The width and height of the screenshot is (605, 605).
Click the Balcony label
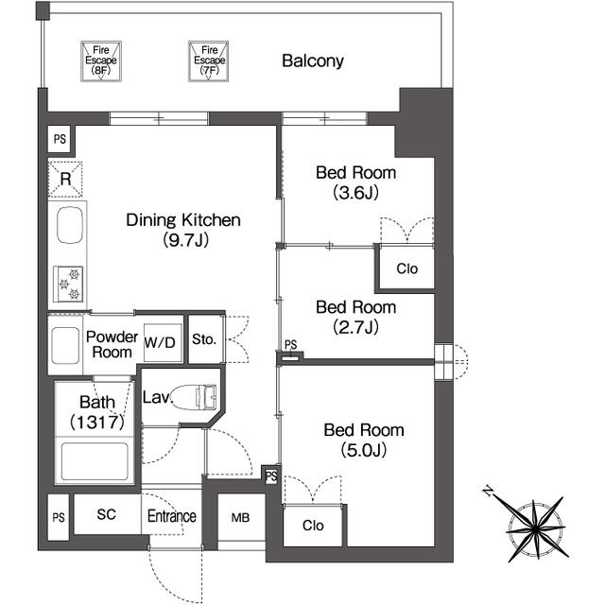tap(312, 61)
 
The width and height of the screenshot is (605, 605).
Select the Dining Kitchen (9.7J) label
tap(184, 230)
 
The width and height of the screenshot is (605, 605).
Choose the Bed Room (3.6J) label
tap(355, 182)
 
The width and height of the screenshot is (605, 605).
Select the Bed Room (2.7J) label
tap(355, 317)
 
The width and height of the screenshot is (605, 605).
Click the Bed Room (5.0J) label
tap(364, 440)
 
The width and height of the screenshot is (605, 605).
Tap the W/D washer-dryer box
tap(160, 341)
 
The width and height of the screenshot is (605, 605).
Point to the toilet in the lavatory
tap(199, 397)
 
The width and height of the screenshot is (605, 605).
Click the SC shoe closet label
tap(107, 517)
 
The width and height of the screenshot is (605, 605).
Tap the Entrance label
tap(171, 517)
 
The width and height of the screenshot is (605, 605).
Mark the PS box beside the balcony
tap(60, 139)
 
